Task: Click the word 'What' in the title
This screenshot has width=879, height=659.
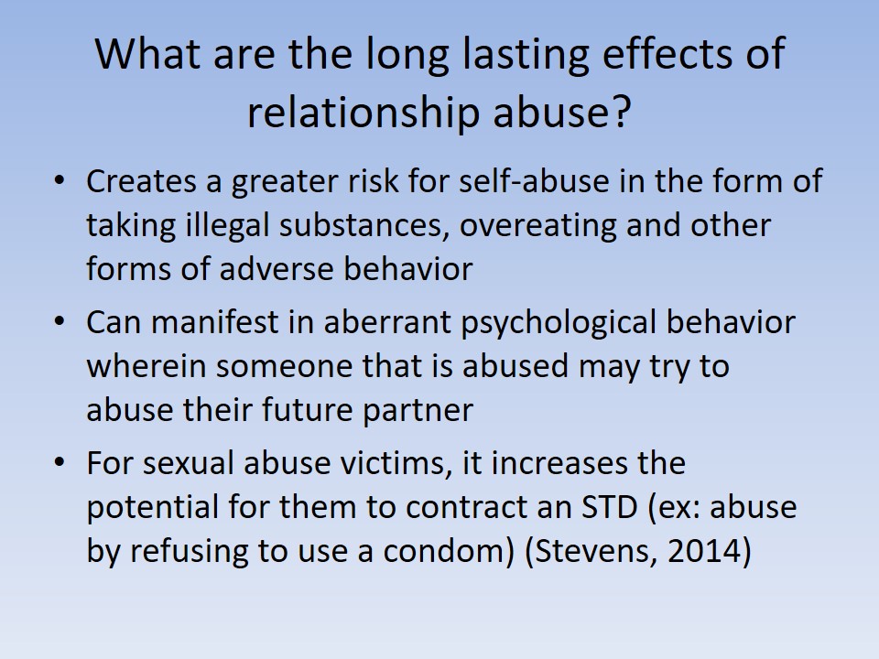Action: [147, 54]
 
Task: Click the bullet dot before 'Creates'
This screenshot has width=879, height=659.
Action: [60, 180]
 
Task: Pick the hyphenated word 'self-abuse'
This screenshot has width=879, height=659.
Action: [534, 181]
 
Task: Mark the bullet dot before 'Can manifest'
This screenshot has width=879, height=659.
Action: [60, 321]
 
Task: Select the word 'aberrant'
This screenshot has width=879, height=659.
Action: [387, 322]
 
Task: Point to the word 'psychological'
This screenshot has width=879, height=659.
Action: [559, 323]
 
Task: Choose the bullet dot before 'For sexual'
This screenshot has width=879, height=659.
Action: [60, 463]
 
